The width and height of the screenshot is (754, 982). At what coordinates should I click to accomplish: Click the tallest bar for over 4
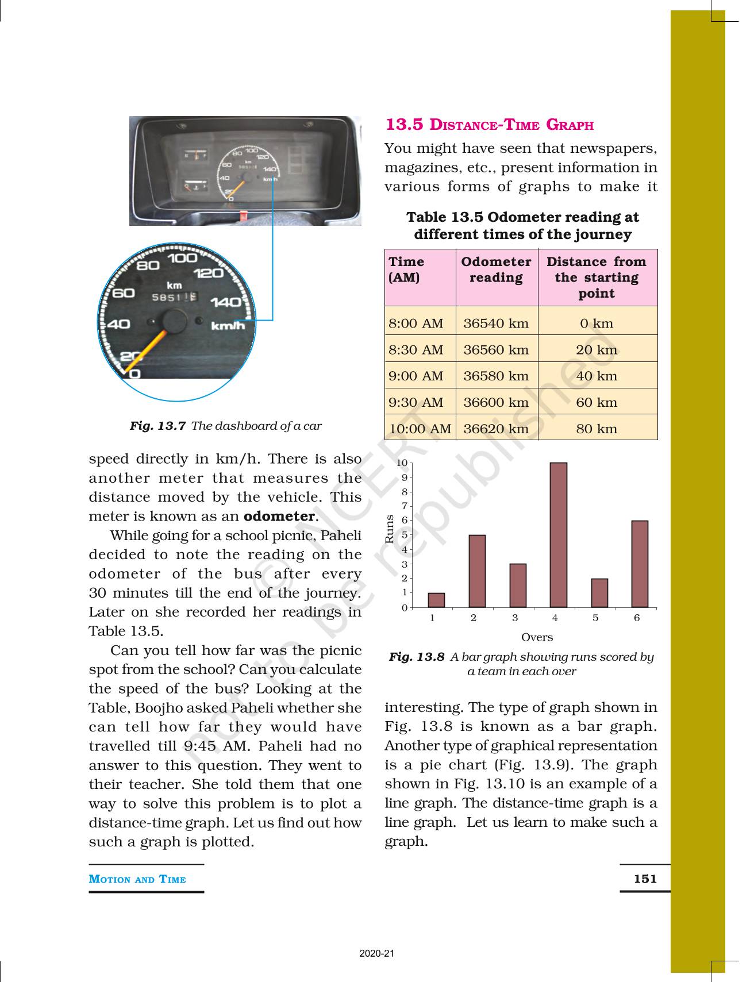click(x=558, y=534)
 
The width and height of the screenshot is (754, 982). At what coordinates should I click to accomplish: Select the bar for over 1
click(x=436, y=599)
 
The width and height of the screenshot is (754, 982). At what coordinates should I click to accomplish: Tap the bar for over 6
click(x=640, y=563)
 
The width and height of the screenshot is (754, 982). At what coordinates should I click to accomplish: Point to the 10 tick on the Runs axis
click(x=403, y=463)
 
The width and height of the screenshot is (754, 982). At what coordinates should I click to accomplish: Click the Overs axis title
click(x=537, y=637)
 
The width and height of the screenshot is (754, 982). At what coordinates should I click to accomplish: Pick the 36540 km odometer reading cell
click(x=496, y=323)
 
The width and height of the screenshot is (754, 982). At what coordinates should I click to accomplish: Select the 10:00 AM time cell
click(x=420, y=429)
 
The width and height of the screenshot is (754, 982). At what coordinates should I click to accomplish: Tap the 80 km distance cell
click(x=597, y=429)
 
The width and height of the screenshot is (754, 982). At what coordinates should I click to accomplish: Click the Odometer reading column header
click(x=496, y=269)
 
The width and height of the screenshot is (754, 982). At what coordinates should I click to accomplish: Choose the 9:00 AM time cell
click(x=416, y=376)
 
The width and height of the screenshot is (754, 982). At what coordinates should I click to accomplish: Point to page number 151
click(x=645, y=878)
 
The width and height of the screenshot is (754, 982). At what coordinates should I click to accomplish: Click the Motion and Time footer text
click(x=137, y=879)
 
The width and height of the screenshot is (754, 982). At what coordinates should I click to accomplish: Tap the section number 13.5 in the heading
click(x=405, y=124)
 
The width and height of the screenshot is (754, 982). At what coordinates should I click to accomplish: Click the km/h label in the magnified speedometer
click(x=228, y=326)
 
